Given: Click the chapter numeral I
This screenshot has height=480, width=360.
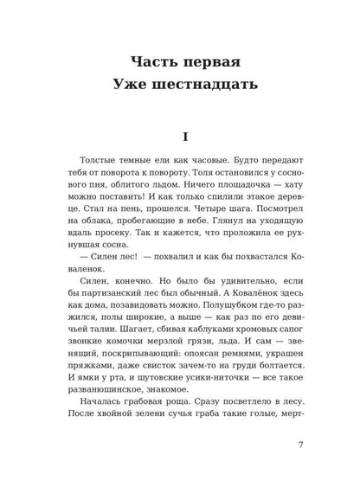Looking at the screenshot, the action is click(x=180, y=137).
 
